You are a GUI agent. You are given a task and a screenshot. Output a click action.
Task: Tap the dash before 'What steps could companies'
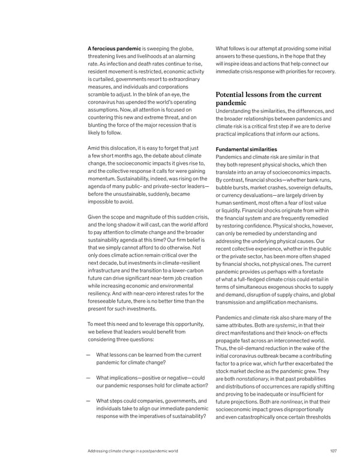(89, 401)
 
